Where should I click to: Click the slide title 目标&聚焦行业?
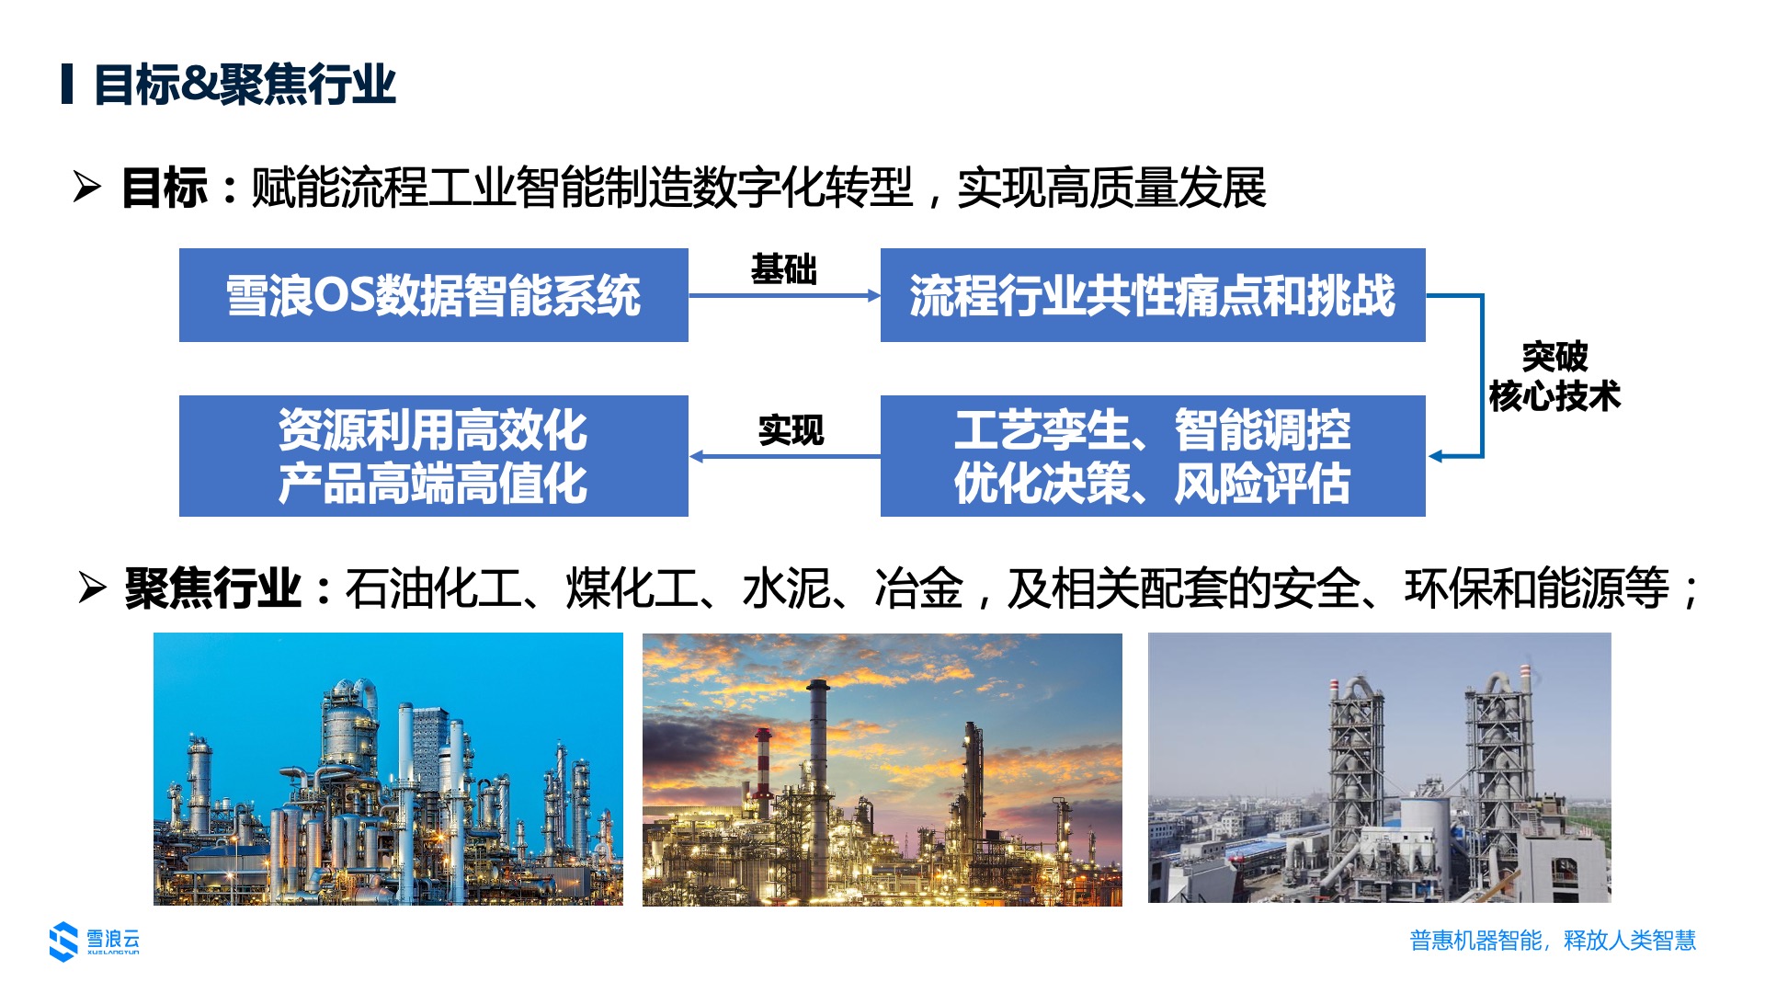(x=245, y=85)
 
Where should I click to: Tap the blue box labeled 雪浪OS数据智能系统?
(x=434, y=295)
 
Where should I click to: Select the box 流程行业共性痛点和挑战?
(x=1153, y=295)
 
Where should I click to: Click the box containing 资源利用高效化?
(x=434, y=456)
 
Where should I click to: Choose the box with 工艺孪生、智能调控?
(x=1153, y=456)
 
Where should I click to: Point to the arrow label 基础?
(x=784, y=269)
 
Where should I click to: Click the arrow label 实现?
(x=791, y=430)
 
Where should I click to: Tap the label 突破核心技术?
(x=1554, y=376)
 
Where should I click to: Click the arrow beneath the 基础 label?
(x=784, y=295)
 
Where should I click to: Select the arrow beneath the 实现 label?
(x=784, y=456)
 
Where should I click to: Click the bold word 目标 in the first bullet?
(x=165, y=188)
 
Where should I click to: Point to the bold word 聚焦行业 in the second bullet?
(x=213, y=588)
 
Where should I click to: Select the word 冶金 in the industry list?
(x=919, y=588)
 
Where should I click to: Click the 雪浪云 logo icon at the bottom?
(x=63, y=941)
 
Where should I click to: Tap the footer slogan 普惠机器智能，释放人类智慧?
(x=1553, y=941)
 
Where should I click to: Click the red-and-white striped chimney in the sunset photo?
(x=763, y=772)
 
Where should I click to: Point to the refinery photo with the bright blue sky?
(x=388, y=769)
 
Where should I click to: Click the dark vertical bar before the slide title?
(x=67, y=85)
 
